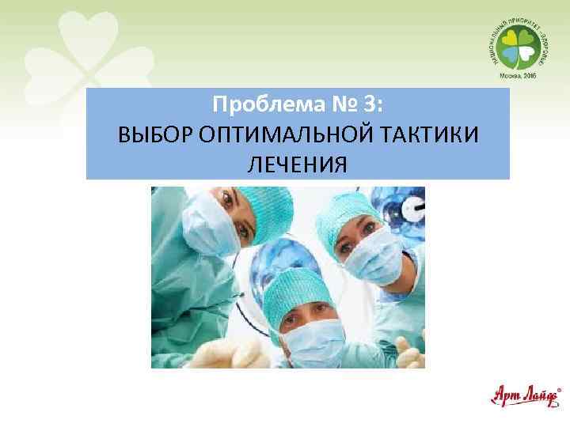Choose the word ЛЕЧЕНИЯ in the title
point(297,164)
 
